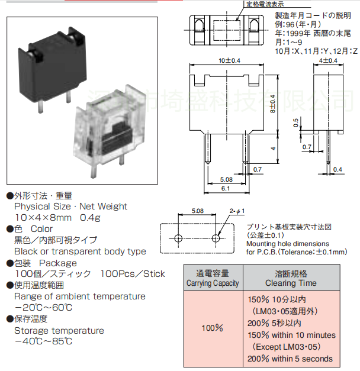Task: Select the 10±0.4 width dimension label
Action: (229, 60)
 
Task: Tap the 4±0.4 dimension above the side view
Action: (327, 60)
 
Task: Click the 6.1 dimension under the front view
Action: (226, 188)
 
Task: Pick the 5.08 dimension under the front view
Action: (226, 179)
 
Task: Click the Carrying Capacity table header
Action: (213, 278)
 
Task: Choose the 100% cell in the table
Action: (213, 327)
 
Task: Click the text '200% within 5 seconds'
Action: (290, 359)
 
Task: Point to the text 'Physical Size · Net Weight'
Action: (70, 207)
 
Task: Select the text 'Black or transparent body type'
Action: (80, 251)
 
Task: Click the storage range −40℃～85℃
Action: (43, 341)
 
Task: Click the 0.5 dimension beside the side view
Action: (295, 122)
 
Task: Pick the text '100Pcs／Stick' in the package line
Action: (133, 274)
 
